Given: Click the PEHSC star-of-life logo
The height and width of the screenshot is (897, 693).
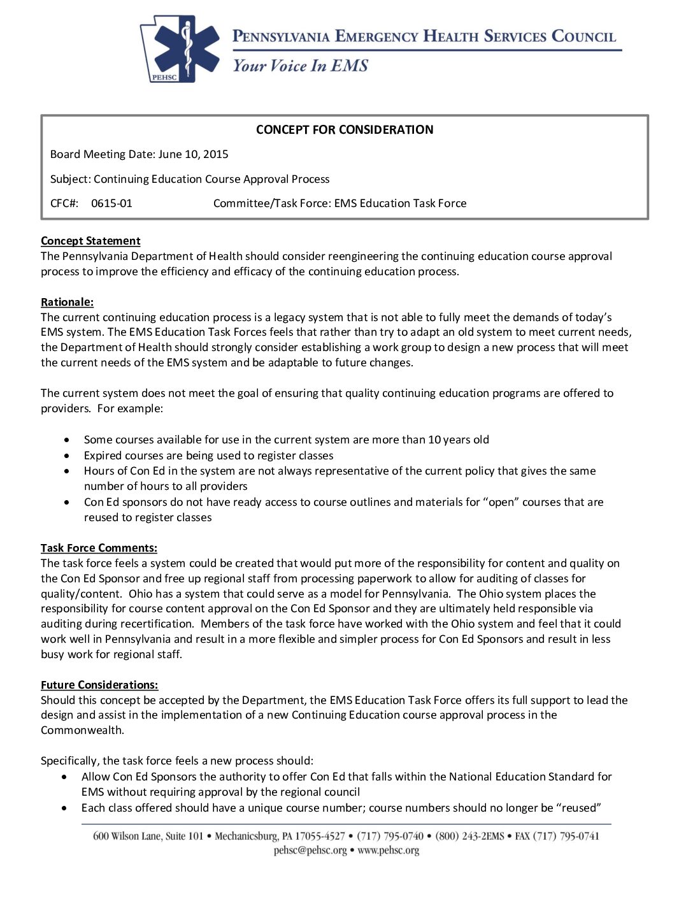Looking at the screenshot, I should coord(180,50).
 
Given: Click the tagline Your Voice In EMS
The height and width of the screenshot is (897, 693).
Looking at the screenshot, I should coord(300,66).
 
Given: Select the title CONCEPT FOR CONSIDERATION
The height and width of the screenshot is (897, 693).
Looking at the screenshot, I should coord(345,130).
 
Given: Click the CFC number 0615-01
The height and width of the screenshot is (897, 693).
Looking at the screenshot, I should coord(111,203).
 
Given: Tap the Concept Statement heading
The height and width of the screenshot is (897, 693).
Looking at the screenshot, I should coord(90,241).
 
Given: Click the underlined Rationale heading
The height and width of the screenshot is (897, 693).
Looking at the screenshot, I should coord(67,302).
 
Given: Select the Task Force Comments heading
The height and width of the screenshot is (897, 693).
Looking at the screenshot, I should coord(99,548).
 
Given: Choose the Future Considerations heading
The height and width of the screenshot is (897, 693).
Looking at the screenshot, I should coord(99,685).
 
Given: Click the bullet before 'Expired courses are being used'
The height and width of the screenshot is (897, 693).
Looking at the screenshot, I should coord(67,456).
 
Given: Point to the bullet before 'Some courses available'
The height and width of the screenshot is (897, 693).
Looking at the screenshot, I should coord(67,440).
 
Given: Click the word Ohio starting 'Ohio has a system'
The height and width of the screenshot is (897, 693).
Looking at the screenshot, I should coord(141,594).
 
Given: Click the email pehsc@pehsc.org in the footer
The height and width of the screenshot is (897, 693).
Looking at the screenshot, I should coord(310,850).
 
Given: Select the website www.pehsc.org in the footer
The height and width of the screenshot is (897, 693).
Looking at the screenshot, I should coord(389,850).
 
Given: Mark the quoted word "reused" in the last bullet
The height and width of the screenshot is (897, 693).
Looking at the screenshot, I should coord(579,808).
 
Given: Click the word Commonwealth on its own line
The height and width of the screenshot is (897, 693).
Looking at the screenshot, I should coord(82,730).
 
